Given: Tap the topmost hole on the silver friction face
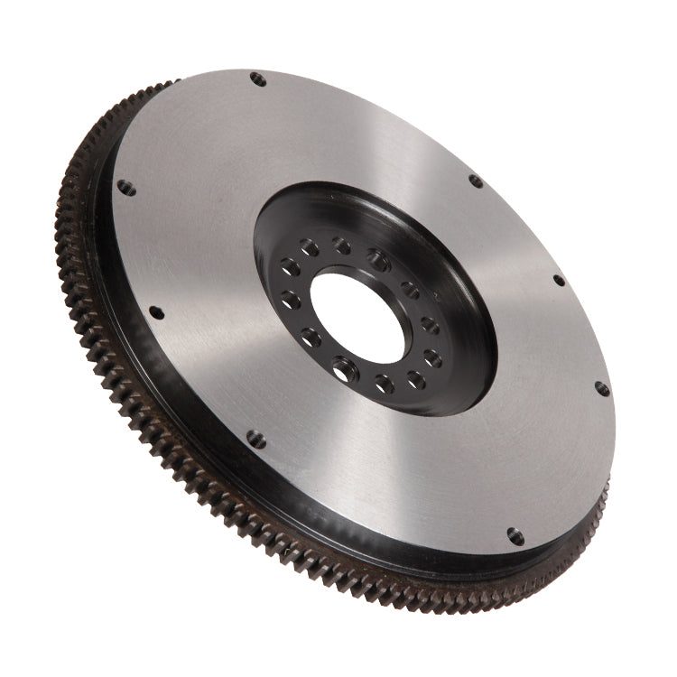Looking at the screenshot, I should (258, 79).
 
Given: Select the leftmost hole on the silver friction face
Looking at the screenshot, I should (126, 188).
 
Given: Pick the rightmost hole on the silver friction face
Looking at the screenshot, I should (602, 389).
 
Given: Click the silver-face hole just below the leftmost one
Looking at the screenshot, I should (157, 312).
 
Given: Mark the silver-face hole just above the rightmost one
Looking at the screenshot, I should (559, 280).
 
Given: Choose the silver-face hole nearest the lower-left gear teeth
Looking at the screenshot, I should (256, 439).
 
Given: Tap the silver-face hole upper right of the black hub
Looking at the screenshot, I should (476, 181).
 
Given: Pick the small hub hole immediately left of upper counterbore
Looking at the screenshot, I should (341, 245).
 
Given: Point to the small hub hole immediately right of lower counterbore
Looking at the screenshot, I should (385, 383).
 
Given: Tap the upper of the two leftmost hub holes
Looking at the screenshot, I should (291, 268).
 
